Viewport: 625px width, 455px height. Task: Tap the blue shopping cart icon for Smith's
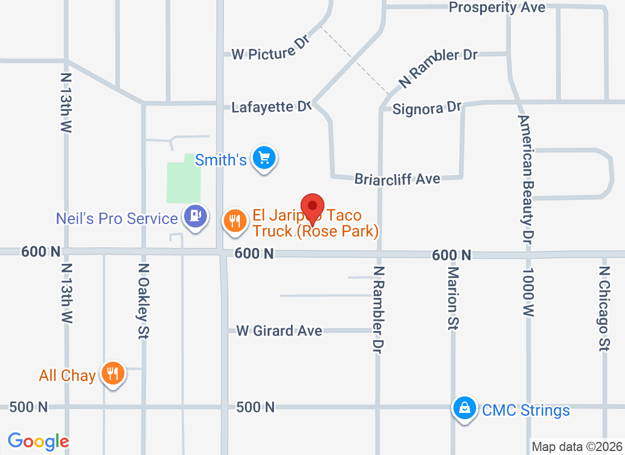264,159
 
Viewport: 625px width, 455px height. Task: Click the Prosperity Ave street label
497,7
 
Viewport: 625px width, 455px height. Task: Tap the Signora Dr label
427,108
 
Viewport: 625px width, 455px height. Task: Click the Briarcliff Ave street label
397,179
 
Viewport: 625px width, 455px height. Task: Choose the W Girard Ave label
279,330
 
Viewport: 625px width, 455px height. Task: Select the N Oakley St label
144,301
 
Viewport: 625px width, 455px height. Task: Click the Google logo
39,441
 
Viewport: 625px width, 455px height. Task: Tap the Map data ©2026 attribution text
576,446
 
